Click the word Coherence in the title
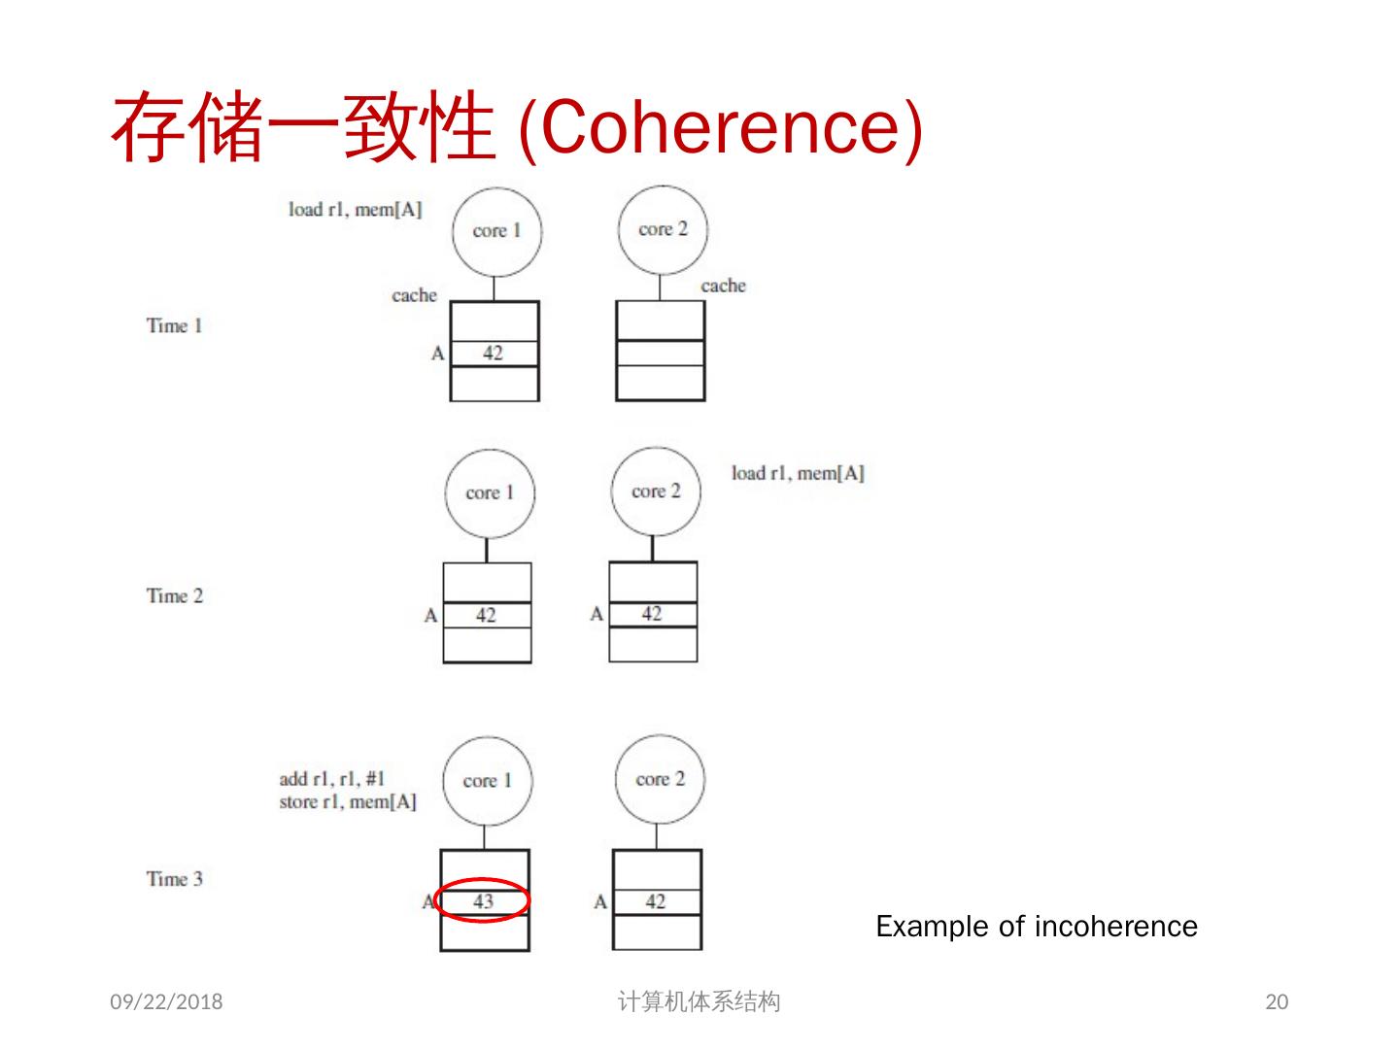tap(719, 126)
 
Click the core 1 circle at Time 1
tap(496, 231)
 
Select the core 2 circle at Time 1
tap(663, 229)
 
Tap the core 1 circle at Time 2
tap(489, 492)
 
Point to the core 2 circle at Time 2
tap(656, 491)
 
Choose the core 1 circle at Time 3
tap(487, 781)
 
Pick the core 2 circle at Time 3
tap(660, 779)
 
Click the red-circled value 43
tap(483, 901)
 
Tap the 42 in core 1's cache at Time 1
tap(493, 353)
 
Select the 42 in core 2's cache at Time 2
tap(651, 614)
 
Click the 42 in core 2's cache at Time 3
tap(656, 901)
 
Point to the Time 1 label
tap(175, 325)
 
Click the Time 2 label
tap(175, 595)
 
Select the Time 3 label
tap(175, 879)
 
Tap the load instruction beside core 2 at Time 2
tap(797, 473)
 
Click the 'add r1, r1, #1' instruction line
tap(332, 779)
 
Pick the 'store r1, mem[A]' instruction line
tap(347, 801)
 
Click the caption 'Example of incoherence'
tap(1037, 927)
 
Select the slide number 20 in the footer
tap(1277, 1001)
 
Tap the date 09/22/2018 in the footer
tap(166, 1001)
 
